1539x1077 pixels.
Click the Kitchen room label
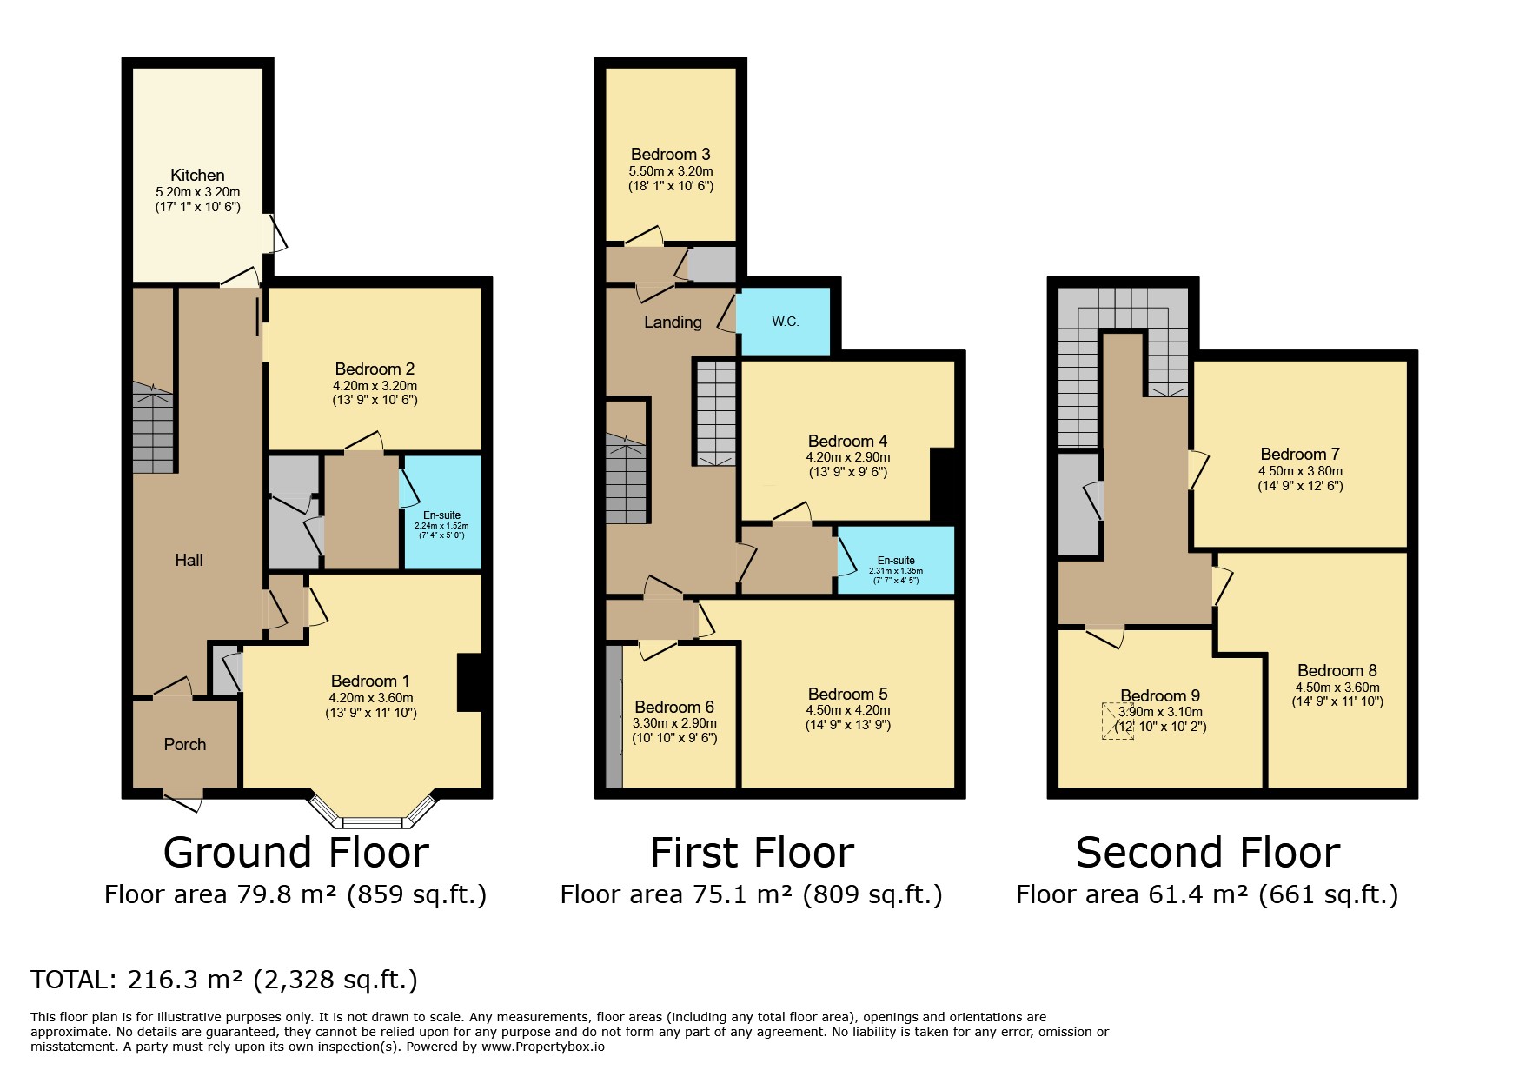[197, 175]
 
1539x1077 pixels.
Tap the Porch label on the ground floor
[185, 744]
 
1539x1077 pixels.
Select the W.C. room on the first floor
[784, 322]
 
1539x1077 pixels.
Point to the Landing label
[673, 322]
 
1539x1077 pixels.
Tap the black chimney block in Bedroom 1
[469, 682]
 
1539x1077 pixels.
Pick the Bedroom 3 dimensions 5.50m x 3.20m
[671, 171]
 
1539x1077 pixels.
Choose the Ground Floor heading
[295, 852]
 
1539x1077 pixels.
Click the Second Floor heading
[1207, 852]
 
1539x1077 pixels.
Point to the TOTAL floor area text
[224, 980]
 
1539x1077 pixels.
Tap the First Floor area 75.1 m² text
[751, 894]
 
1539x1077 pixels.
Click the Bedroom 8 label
[1337, 670]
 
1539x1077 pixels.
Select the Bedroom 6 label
[674, 707]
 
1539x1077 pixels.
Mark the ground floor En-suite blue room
[441, 513]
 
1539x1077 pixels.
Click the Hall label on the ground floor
[189, 560]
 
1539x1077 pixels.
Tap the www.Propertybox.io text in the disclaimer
[542, 1047]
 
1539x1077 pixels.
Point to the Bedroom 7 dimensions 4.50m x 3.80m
[1300, 471]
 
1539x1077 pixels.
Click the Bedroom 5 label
[847, 694]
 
